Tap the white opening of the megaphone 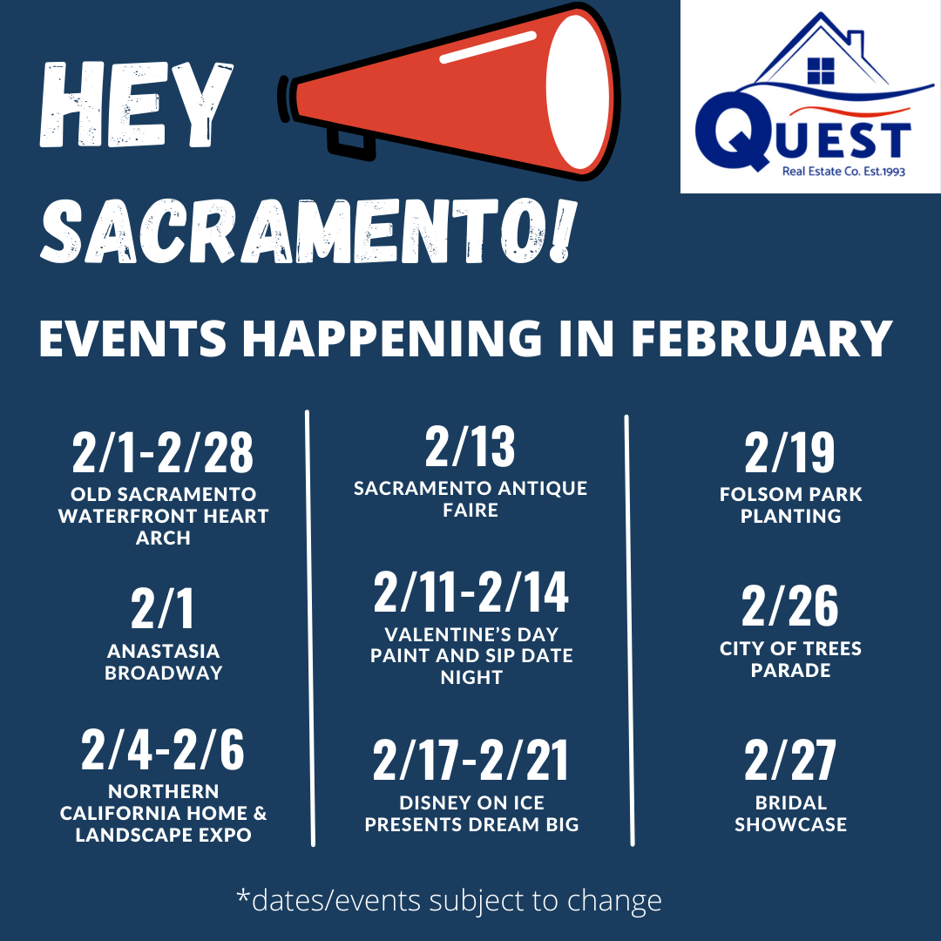[x=579, y=91]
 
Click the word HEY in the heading [x=136, y=104]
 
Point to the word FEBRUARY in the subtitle [x=762, y=338]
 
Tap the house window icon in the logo [x=821, y=71]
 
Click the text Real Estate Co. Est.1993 [x=843, y=171]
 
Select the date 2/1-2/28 [x=163, y=452]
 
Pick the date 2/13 [x=470, y=446]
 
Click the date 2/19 [x=789, y=452]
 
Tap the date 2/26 [x=789, y=606]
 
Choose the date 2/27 [x=789, y=760]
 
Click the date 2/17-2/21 [x=470, y=760]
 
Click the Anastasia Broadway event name [x=163, y=662]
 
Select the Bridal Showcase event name [x=790, y=814]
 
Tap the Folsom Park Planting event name [x=790, y=504]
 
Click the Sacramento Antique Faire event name [x=470, y=498]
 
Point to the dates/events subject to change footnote [x=449, y=900]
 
